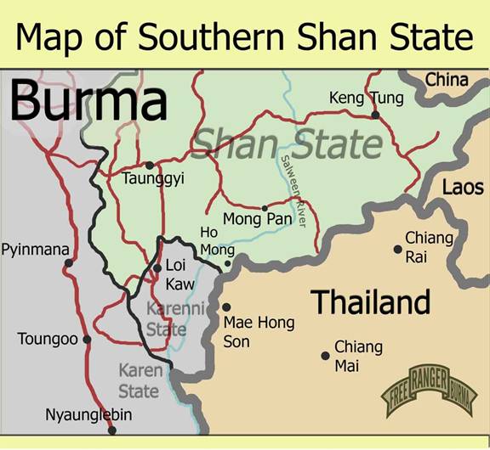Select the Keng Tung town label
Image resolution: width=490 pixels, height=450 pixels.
pyautogui.click(x=366, y=98)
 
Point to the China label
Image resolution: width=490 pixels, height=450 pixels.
pyautogui.click(x=447, y=80)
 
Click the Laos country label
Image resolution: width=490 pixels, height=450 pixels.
pyautogui.click(x=463, y=187)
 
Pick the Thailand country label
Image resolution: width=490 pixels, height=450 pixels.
pyautogui.click(x=370, y=301)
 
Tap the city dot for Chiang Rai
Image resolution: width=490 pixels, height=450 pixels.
pyautogui.click(x=397, y=249)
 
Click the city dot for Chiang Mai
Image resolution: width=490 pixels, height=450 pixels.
pyautogui.click(x=325, y=356)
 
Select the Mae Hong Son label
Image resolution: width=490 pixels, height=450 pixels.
pyautogui.click(x=258, y=331)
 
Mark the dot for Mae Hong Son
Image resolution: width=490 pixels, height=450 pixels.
pyautogui.click(x=226, y=307)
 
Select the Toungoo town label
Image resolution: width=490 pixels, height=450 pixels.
pyautogui.click(x=48, y=340)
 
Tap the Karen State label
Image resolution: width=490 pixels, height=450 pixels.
pyautogui.click(x=139, y=381)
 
